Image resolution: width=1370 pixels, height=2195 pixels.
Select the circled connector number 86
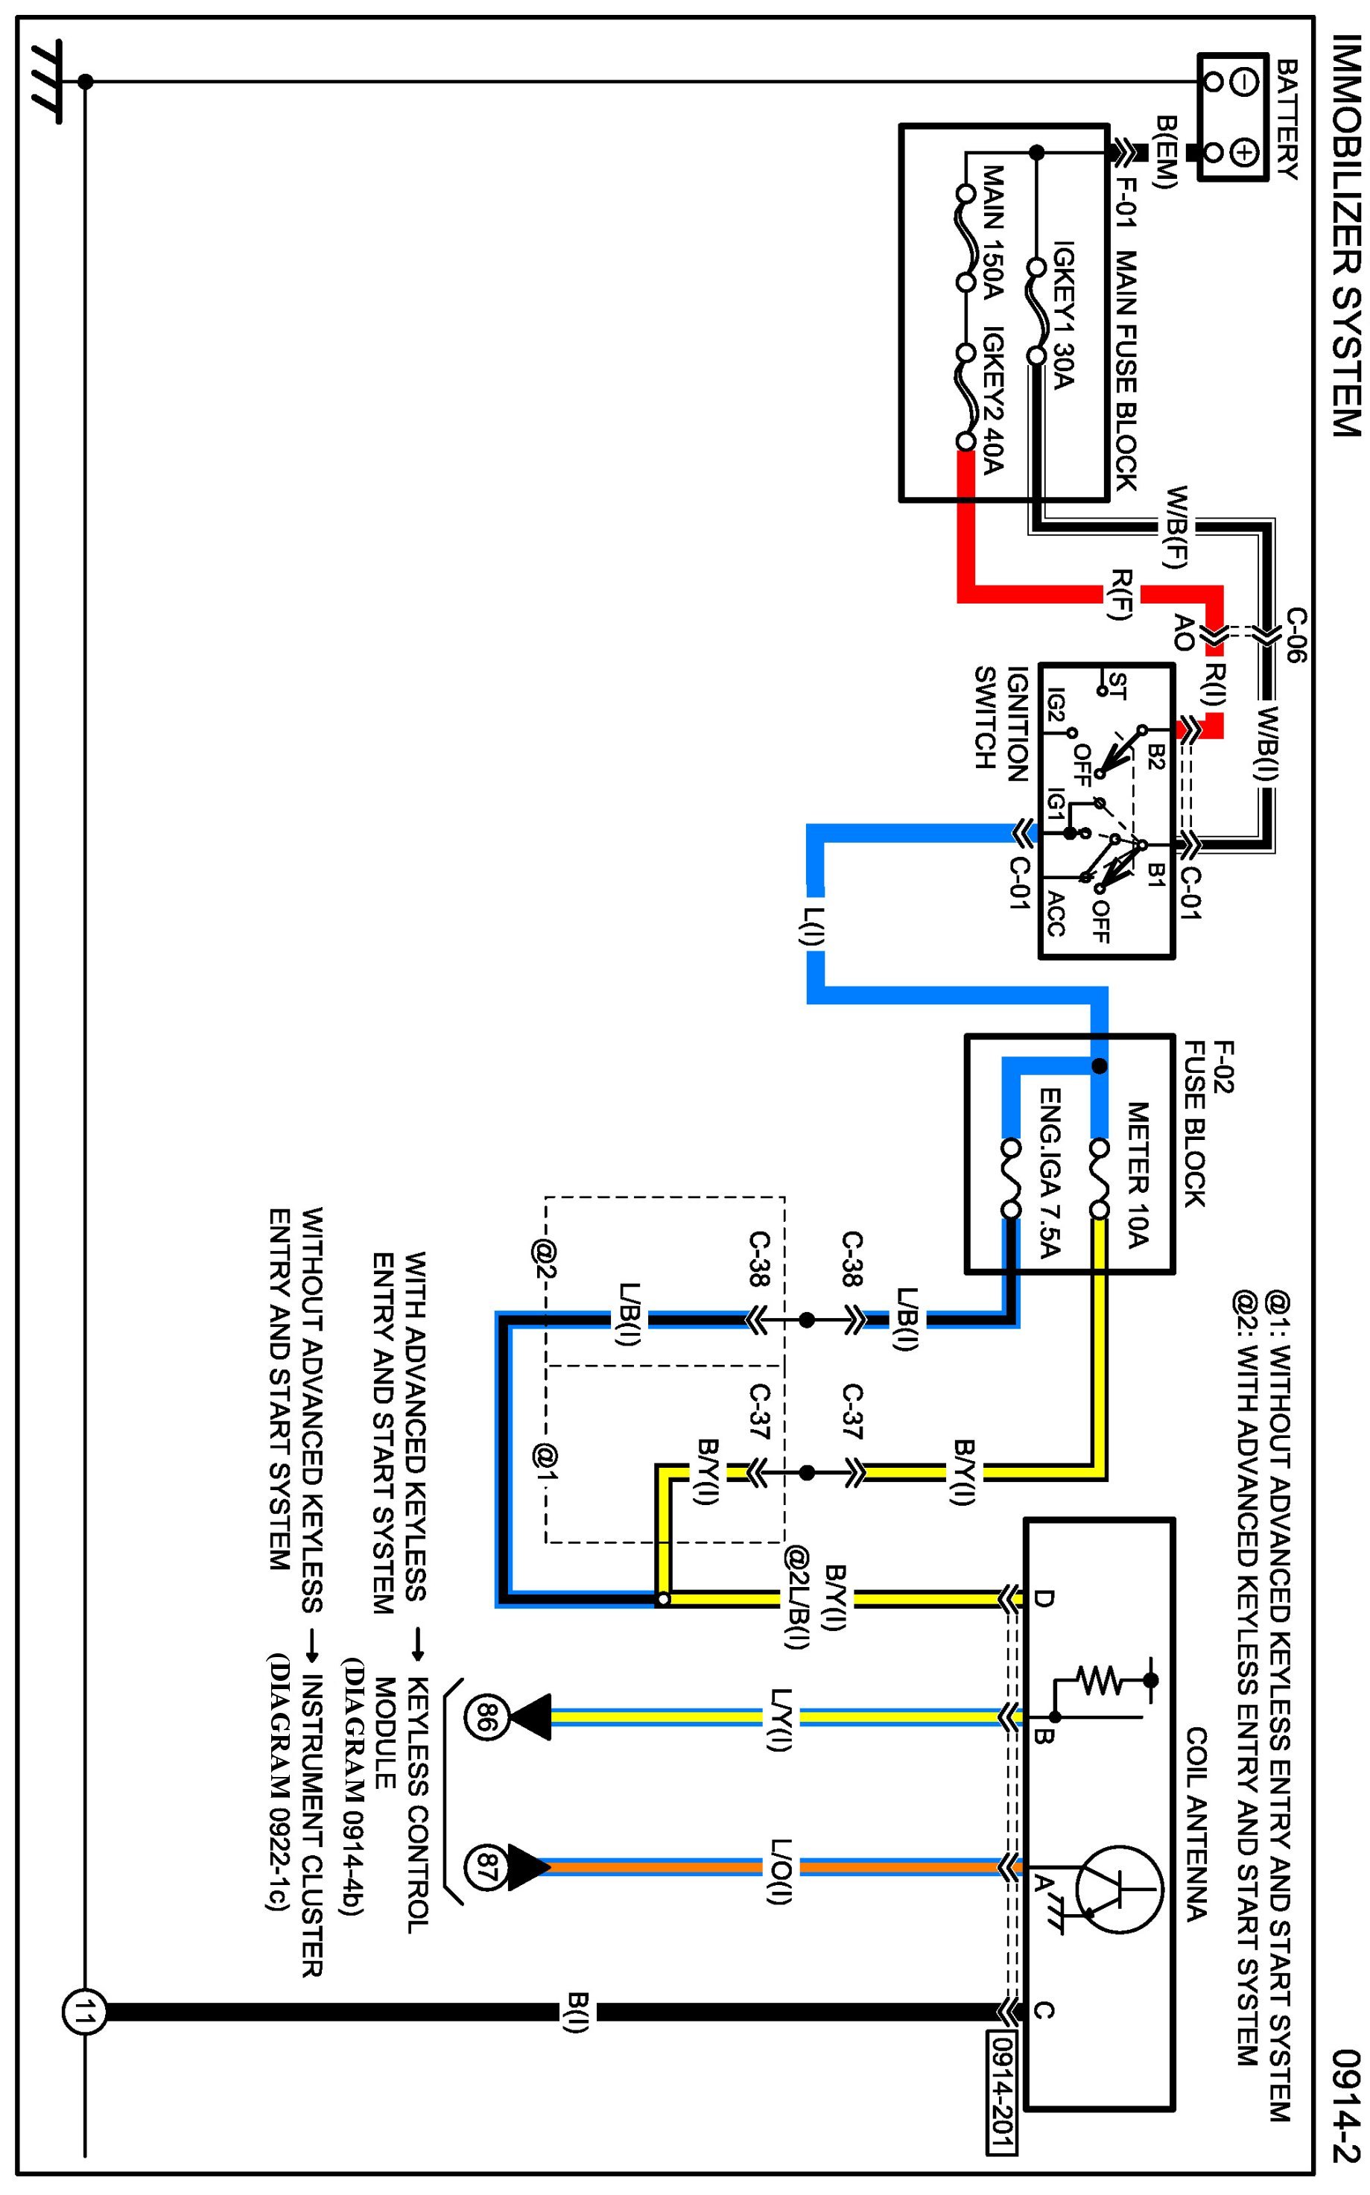point(482,1717)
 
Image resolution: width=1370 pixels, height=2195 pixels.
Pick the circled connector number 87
point(482,1867)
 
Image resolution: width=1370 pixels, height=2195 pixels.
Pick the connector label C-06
point(1296,634)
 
